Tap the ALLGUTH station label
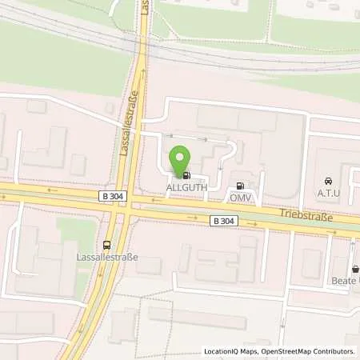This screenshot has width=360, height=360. [x=183, y=187]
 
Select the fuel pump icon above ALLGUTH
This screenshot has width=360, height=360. [x=186, y=175]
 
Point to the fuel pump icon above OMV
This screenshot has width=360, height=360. [x=240, y=184]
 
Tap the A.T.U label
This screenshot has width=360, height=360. [x=326, y=192]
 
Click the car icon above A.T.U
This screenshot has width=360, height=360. [x=326, y=181]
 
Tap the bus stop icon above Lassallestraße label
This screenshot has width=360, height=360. [x=107, y=245]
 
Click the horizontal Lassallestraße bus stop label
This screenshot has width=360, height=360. [x=106, y=258]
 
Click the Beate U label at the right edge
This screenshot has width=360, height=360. [x=345, y=281]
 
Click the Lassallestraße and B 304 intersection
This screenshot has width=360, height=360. [x=130, y=203]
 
